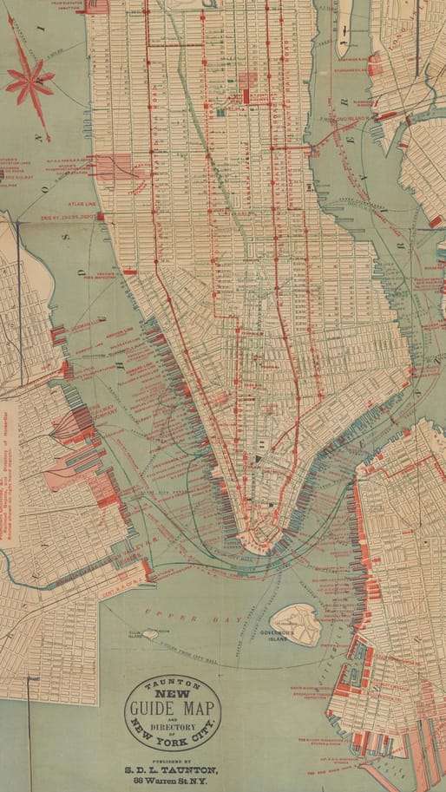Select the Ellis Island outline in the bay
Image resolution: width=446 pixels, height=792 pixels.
150,635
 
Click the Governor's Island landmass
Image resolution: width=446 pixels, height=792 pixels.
295,622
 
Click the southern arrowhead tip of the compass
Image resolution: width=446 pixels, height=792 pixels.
48,139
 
